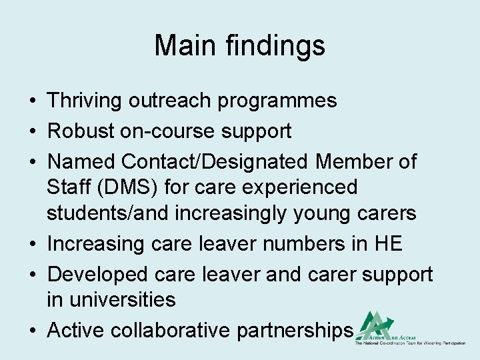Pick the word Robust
[80, 131]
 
